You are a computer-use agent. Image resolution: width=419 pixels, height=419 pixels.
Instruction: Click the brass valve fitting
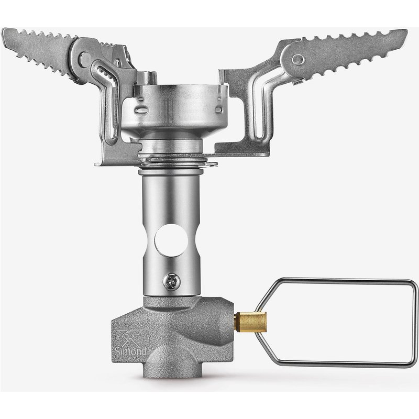251,322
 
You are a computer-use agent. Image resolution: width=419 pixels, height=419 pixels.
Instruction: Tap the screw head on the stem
172,282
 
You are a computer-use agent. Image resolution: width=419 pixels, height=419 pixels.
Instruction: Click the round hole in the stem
172,240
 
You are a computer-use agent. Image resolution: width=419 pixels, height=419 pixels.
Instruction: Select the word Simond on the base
130,351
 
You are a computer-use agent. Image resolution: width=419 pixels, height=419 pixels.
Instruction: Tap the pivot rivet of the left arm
85,59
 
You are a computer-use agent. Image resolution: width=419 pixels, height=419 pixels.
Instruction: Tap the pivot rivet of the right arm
298,60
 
